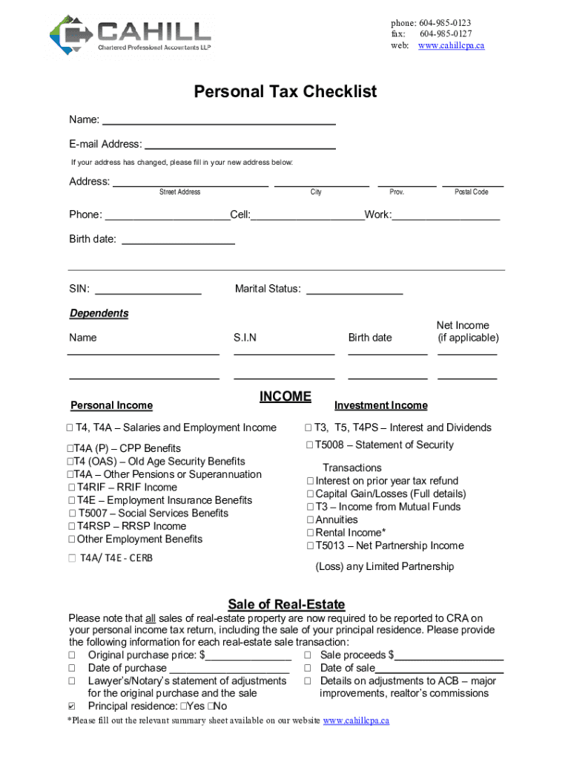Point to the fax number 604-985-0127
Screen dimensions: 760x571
point(445,34)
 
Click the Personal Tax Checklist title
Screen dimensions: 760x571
point(285,92)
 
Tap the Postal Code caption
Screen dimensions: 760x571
point(471,192)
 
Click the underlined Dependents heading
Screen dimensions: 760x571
point(99,313)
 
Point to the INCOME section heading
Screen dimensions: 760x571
point(285,397)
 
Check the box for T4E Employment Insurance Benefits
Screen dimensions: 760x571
point(72,501)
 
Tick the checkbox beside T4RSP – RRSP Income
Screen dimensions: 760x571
point(72,527)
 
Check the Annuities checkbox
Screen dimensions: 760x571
point(310,520)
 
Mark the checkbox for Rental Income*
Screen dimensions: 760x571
point(310,533)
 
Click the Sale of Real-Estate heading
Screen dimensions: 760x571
point(286,604)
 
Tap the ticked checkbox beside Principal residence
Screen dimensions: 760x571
point(72,707)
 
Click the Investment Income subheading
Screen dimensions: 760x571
point(381,405)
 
